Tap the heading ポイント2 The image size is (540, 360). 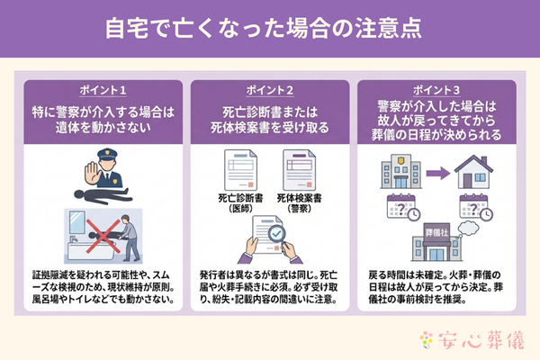click(270, 92)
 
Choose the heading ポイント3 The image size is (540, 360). click(438, 90)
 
